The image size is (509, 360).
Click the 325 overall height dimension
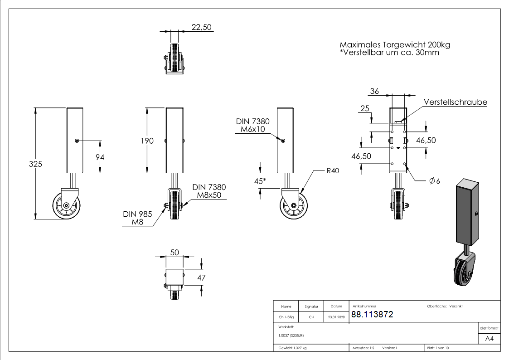[x=35, y=164]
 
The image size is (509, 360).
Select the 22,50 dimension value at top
[x=201, y=27]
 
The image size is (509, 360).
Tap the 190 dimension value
[x=147, y=141]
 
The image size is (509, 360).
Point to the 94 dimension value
[x=100, y=157]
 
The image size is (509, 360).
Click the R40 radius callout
[x=333, y=171]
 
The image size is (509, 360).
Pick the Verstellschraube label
[x=456, y=102]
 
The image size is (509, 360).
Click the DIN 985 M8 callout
[x=137, y=218]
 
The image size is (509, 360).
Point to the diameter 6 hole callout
[x=435, y=181]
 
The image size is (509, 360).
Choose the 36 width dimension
[x=374, y=91]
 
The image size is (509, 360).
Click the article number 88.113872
[x=372, y=315]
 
